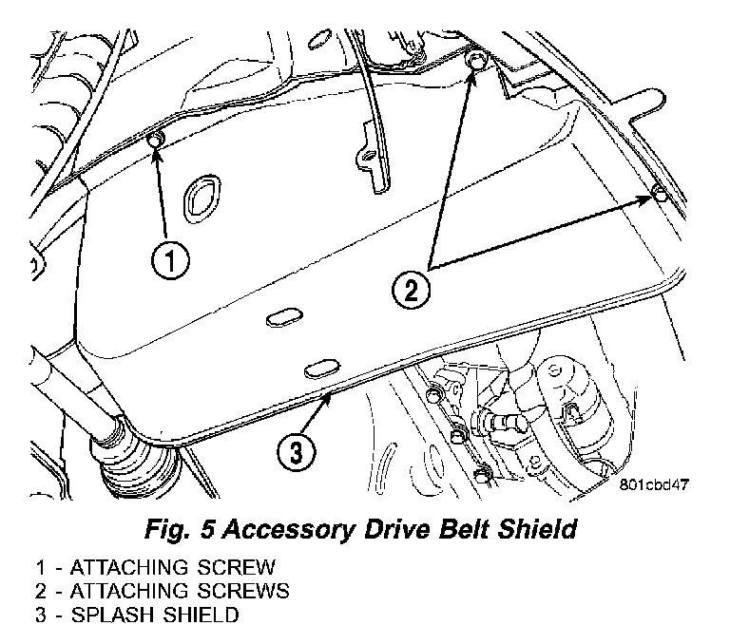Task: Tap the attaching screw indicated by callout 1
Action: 156,141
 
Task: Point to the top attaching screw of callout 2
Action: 478,62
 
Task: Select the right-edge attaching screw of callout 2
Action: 658,197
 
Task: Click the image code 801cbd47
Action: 654,483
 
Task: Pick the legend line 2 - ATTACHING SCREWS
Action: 162,591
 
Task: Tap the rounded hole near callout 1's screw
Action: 204,196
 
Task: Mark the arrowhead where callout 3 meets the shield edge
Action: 330,394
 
